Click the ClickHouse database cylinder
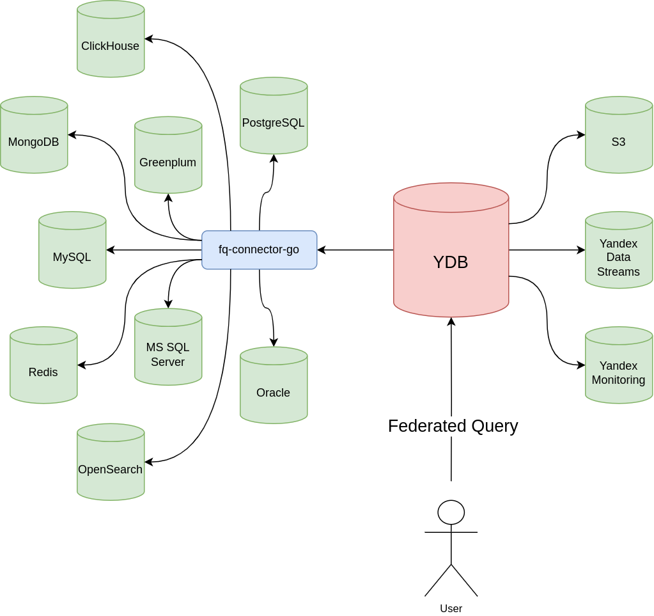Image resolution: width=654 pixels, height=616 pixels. coord(111,39)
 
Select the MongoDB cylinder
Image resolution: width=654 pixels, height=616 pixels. coord(34,135)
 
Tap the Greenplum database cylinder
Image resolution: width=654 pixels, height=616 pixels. coord(168,155)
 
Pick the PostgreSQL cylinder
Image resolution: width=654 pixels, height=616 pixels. coord(274,116)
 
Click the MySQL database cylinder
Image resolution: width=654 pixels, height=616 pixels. coord(72,250)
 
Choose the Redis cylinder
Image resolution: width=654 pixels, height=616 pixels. coord(43,365)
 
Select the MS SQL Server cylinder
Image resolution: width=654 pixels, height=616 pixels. coord(168,347)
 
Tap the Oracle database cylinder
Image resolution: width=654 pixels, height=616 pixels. coord(274,385)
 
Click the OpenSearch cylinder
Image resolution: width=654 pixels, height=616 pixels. coord(111,462)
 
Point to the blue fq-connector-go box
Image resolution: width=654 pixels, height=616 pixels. coord(259,250)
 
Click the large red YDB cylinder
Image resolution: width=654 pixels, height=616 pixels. coord(451,250)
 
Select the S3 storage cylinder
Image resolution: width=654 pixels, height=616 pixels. coord(619,135)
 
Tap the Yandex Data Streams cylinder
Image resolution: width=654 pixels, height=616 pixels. coord(619,250)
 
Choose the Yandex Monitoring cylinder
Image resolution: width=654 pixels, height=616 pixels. coord(619,365)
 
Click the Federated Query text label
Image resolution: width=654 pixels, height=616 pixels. coord(453,426)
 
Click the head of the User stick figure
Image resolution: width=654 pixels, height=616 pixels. coord(451,512)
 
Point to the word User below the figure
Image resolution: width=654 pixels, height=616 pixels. coord(451,609)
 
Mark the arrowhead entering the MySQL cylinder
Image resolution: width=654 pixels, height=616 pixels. coord(110,250)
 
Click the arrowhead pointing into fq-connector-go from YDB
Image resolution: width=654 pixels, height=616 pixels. coord(321,250)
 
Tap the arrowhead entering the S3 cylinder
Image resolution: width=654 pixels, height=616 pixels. coord(581,135)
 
